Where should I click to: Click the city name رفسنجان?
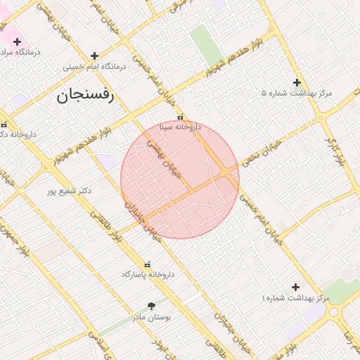pos(84,96)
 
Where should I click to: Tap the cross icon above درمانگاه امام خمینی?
pos(94,55)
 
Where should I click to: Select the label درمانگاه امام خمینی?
pos(94,67)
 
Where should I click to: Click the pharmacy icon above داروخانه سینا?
pos(181,117)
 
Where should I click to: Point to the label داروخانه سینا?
pos(180,127)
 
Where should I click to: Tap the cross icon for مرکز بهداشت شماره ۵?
pos(297,82)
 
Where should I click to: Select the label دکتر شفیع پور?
pos(70,191)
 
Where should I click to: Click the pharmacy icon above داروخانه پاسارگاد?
pos(147,264)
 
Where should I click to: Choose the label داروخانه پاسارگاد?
pos(147,274)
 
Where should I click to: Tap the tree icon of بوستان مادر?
pos(151,306)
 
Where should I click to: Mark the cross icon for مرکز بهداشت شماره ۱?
pos(295,287)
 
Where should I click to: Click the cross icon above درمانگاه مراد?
pos(18,42)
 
